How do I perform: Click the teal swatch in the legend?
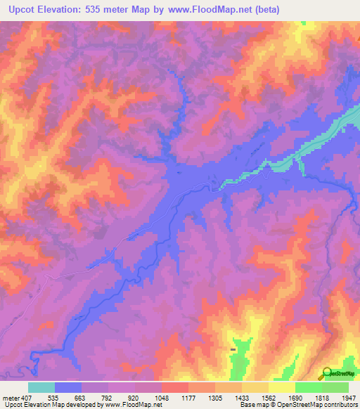coord(41,387)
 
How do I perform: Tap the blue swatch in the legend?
coord(68,387)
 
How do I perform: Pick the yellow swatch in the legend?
coord(282,387)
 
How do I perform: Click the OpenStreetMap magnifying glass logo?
coord(327,373)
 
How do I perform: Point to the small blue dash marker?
coord(233,349)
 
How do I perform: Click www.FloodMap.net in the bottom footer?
coord(132,405)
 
